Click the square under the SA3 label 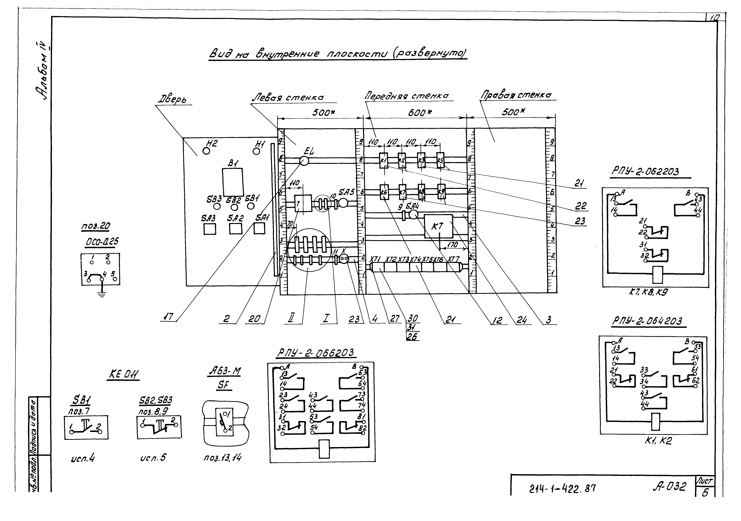click(210, 229)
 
